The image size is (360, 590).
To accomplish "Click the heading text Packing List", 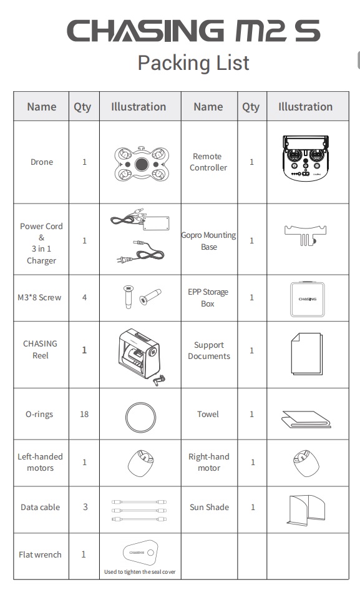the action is click(193, 63).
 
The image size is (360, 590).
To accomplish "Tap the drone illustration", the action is click(142, 164).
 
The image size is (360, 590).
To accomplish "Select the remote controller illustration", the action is click(306, 158).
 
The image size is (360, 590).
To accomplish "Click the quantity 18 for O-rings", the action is click(84, 415).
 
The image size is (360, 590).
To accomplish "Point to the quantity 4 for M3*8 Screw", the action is click(84, 298).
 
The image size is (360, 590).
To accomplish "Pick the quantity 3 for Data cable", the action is click(85, 507).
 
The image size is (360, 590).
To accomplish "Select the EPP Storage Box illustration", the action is click(308, 300).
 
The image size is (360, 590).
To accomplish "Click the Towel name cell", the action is click(208, 415).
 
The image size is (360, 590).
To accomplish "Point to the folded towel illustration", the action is click(306, 419).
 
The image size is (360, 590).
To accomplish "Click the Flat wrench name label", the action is click(40, 554).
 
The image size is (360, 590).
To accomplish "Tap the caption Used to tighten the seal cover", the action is click(140, 572).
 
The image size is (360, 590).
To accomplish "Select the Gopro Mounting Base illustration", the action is click(306, 235).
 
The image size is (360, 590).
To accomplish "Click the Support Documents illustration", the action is click(306, 353).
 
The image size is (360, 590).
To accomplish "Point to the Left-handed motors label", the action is click(41, 462).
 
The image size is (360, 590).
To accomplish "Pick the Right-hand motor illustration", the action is click(306, 463).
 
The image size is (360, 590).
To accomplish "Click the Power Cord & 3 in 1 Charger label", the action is click(41, 243).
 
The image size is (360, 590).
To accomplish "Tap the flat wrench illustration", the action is click(140, 552).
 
